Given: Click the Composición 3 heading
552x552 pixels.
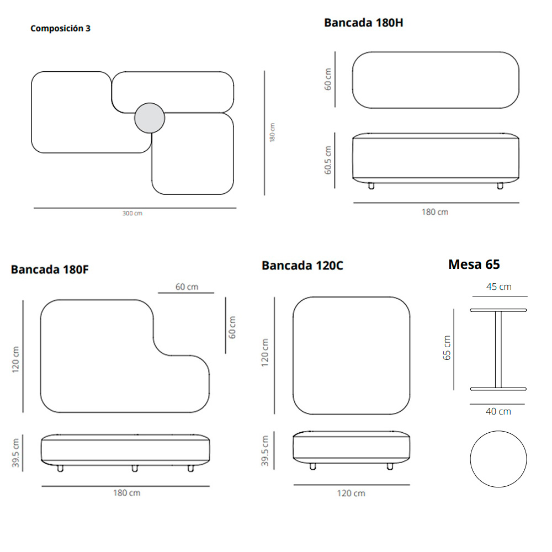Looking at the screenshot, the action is click(60, 29).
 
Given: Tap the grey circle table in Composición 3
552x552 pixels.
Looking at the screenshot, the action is click(150, 118).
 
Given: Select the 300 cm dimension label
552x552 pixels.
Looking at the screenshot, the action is click(132, 213).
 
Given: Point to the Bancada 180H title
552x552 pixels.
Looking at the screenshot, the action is click(363, 23).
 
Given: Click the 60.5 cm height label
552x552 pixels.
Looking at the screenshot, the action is click(328, 160).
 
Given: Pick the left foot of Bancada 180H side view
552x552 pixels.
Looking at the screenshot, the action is click(371, 186).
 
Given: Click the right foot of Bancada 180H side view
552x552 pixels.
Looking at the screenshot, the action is click(500, 186).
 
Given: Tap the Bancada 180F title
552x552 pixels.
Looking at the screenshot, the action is click(50, 270).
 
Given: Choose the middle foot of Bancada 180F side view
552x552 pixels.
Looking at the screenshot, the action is click(135, 468).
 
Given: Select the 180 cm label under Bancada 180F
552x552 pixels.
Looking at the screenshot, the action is click(127, 493).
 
